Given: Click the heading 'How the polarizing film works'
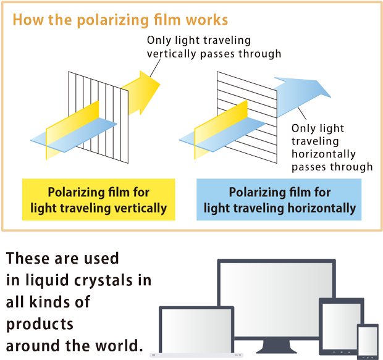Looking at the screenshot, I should pos(120,20).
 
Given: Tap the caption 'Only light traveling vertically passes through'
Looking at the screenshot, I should pos(214,47).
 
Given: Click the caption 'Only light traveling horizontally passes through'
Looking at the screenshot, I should pos(331,148).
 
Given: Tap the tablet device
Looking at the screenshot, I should pos(339,327).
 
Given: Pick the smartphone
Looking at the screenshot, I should pos(368,341).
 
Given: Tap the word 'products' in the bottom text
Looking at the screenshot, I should pos(40,324).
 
